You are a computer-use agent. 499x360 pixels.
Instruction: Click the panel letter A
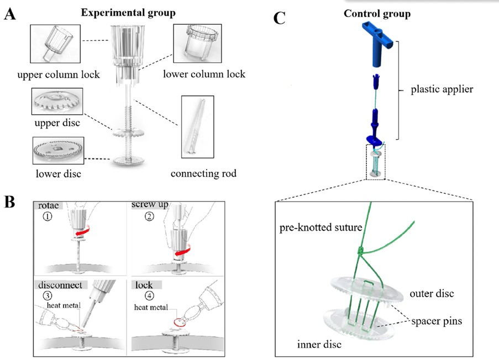[10, 15]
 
